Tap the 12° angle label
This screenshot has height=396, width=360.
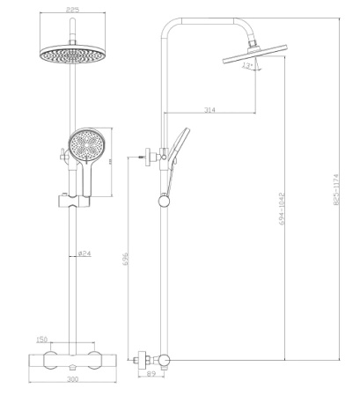pos(249,64)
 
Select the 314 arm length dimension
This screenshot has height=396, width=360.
pos(209,109)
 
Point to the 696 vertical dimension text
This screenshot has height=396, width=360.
pos(127,261)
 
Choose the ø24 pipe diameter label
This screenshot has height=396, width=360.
pos(84,253)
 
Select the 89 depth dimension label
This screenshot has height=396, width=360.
pos(151,375)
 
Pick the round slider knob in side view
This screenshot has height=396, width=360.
pos(163,202)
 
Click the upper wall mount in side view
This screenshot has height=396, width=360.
pos(152,158)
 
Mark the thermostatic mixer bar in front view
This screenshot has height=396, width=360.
pos(69,361)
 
